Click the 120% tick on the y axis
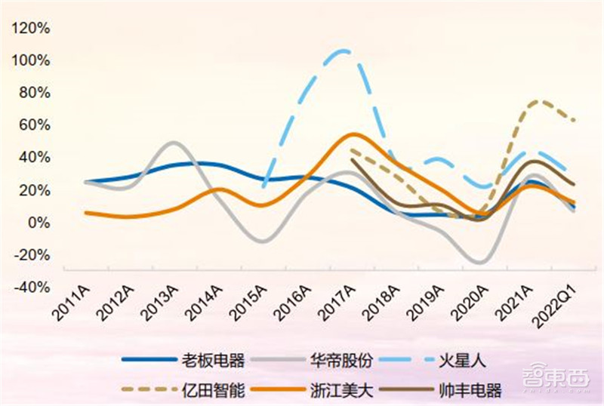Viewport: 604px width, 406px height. [32, 28]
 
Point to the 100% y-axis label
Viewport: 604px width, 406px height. [32, 60]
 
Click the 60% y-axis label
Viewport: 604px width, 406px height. [35, 125]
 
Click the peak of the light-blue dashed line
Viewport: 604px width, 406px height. [344, 51]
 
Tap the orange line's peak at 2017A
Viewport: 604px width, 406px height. [353, 134]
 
